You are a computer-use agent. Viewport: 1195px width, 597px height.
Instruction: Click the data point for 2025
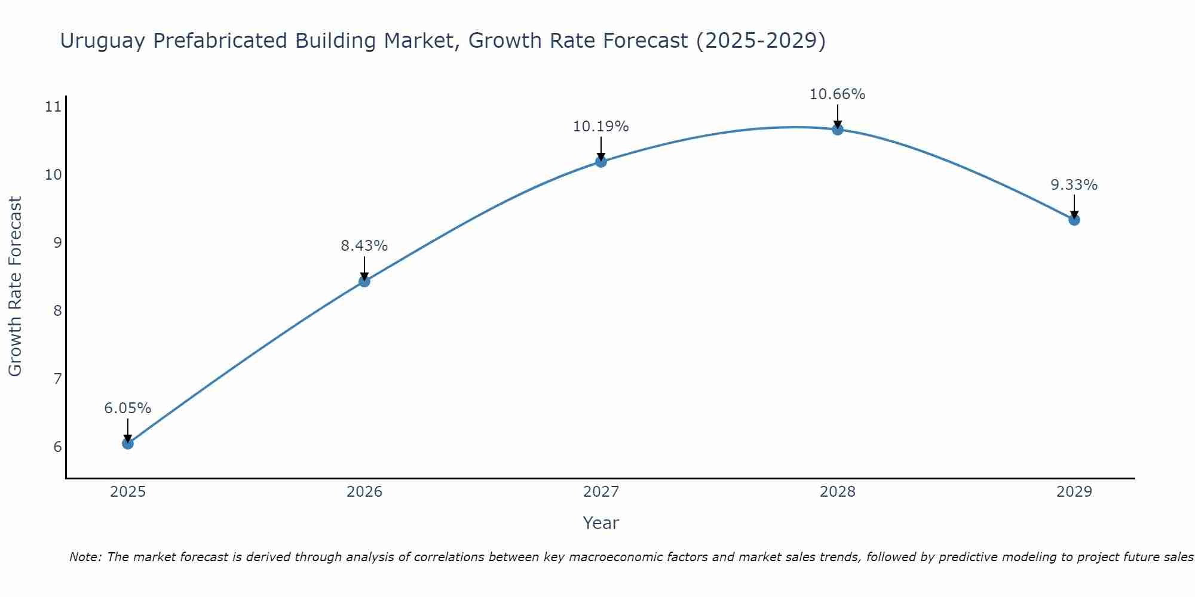coord(127,444)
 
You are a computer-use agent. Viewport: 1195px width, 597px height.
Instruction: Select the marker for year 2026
coord(364,281)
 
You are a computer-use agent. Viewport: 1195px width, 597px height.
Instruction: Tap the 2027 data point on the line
coord(601,162)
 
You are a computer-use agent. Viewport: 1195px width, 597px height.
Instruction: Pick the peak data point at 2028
coord(838,130)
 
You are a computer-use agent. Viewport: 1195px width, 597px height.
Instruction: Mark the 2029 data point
coord(1074,220)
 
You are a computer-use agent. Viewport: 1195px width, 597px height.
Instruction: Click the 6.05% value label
coord(127,408)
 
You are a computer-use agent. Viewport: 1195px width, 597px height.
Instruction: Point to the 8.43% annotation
coord(364,245)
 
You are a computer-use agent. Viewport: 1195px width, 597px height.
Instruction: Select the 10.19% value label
coord(600,127)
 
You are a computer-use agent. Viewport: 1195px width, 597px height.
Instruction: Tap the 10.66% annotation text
coord(837,94)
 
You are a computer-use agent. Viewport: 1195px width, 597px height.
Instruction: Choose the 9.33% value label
coord(1074,185)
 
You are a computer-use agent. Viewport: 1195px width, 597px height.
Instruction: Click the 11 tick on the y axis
coord(53,107)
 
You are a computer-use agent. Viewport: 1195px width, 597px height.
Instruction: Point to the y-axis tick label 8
coord(57,310)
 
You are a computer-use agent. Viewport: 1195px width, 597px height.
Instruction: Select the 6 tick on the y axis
coord(57,447)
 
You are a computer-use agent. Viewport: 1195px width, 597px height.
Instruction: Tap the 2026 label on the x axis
coord(364,492)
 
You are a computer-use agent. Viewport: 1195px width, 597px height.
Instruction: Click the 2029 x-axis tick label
coord(1074,492)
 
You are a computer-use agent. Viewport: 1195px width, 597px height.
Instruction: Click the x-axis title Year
coord(600,523)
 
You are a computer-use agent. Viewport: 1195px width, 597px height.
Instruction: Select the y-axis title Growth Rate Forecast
coord(15,287)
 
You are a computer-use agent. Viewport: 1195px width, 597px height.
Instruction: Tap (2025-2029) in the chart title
coord(761,41)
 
